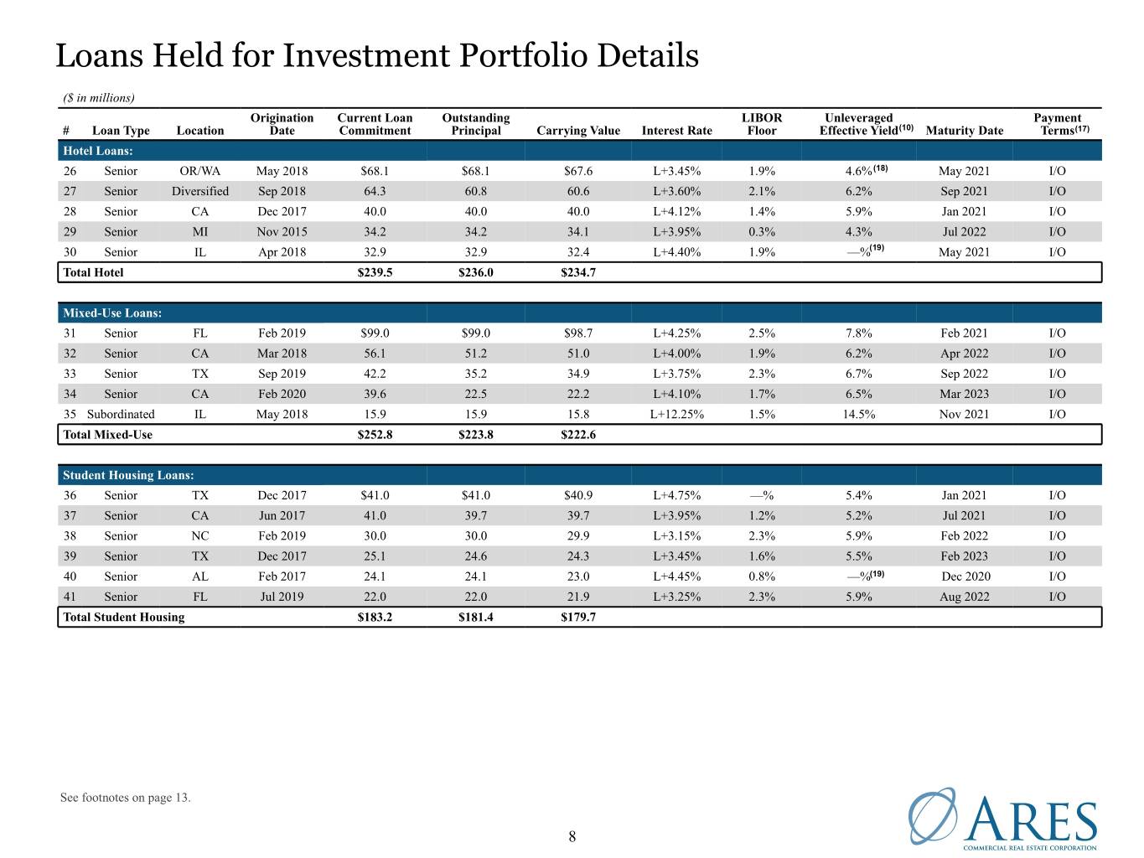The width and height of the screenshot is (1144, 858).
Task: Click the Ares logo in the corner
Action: [1002, 818]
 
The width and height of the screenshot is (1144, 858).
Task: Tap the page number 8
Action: [572, 836]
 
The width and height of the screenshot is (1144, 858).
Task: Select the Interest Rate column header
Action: [676, 130]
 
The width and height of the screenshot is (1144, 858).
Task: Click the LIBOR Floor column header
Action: [762, 124]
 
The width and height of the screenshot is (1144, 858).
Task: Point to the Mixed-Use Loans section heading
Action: [112, 313]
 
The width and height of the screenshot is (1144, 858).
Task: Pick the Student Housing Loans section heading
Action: [128, 474]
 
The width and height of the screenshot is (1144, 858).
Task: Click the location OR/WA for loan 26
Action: [199, 171]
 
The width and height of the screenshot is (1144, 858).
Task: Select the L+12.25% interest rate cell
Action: [676, 414]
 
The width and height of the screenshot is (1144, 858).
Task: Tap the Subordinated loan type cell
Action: [121, 414]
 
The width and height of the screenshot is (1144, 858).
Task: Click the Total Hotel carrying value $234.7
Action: [578, 272]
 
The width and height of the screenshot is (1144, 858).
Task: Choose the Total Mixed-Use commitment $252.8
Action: [375, 435]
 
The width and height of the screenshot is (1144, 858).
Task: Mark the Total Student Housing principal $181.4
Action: [475, 617]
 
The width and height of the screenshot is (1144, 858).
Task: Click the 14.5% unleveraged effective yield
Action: [858, 414]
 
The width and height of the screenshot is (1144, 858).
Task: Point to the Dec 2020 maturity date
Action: [965, 576]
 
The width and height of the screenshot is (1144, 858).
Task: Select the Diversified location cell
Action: [199, 191]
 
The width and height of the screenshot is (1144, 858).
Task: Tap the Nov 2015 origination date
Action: [282, 232]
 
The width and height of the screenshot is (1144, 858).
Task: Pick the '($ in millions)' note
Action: [99, 98]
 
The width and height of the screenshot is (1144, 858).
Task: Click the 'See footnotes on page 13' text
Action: [125, 797]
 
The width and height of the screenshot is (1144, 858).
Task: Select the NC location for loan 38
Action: [199, 535]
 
